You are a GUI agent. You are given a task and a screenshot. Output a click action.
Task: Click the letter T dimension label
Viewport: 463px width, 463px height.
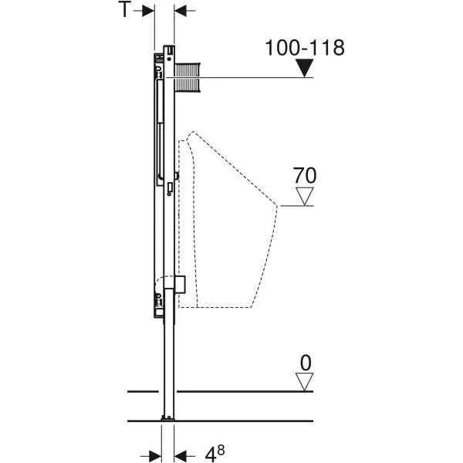[x=124, y=8]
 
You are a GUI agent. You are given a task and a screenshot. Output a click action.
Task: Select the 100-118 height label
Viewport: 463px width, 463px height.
[x=305, y=48]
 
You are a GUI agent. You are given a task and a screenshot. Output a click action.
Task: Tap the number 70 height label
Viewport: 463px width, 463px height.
[x=305, y=176]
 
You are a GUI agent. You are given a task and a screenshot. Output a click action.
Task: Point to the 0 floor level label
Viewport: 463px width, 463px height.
[x=306, y=363]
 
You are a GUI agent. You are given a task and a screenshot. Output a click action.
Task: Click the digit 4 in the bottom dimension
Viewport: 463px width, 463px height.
[x=211, y=455]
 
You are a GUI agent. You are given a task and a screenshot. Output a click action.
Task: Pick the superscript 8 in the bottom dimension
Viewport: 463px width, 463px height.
[x=221, y=450]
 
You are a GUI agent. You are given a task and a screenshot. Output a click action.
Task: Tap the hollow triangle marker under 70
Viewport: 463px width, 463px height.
[x=305, y=196]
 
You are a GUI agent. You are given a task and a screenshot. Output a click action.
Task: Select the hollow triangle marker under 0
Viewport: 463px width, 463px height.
[x=305, y=382]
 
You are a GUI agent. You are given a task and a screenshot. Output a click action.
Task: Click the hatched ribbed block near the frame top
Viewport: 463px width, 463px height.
[x=188, y=77]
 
